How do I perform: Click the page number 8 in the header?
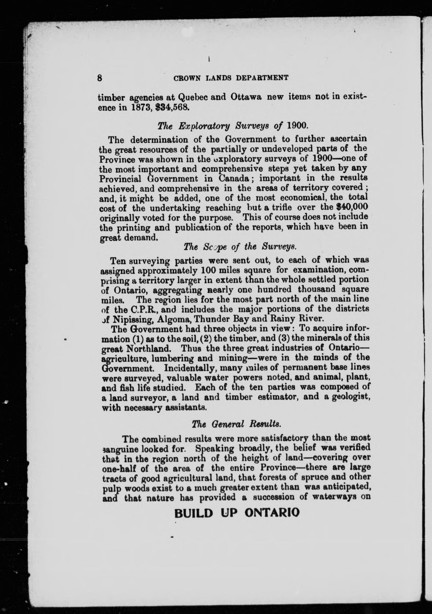click(x=99, y=78)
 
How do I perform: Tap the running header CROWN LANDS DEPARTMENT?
click(x=231, y=78)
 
